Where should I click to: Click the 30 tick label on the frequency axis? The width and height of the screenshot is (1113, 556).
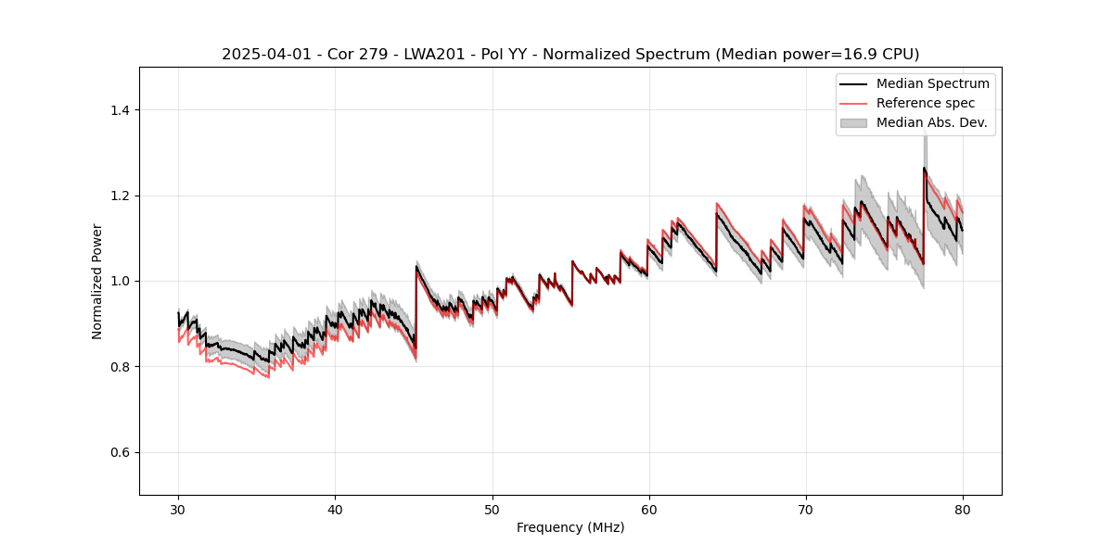point(178,509)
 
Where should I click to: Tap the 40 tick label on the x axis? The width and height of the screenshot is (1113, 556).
point(335,509)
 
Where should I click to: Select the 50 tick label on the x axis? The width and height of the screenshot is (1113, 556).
point(492,509)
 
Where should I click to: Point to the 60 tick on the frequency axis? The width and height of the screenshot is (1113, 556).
point(648,509)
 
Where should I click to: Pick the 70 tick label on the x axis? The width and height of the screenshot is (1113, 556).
point(805,509)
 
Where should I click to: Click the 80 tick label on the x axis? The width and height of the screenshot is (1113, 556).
point(962,509)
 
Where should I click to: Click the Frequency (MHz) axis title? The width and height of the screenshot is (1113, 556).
point(570,527)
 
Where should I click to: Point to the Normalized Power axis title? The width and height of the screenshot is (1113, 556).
point(97,281)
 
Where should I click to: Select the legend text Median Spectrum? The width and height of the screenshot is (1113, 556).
point(932,83)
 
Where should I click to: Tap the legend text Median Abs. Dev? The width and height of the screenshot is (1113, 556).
point(931,122)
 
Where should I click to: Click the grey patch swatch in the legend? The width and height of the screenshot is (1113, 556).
point(853,122)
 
